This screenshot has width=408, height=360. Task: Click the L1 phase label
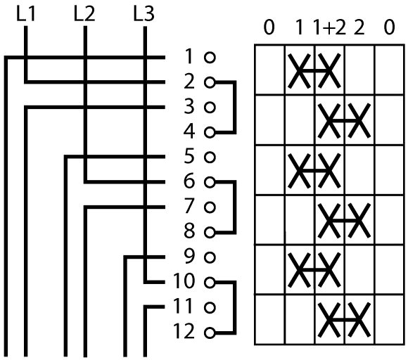point(26,14)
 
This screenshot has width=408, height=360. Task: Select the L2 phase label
point(84,14)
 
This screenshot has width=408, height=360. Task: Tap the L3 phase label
point(144,14)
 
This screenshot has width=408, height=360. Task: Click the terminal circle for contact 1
point(210,57)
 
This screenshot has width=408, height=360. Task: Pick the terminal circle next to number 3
point(210,107)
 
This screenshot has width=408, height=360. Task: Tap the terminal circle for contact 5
point(210,157)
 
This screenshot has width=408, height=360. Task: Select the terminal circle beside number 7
point(210,207)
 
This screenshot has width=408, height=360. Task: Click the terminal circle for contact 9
point(210,257)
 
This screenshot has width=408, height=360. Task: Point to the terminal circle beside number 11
point(210,307)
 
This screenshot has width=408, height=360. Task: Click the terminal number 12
point(184,331)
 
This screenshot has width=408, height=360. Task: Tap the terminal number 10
point(184,281)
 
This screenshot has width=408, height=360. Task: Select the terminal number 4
point(189,131)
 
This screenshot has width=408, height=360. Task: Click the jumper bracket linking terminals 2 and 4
point(235,107)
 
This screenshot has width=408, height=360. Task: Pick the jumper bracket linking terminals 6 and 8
point(235,207)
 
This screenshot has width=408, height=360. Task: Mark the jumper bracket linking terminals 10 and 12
point(235,307)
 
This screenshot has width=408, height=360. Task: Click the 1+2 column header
point(330,28)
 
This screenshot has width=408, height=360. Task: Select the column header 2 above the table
point(359,28)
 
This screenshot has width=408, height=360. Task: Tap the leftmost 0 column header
point(269,28)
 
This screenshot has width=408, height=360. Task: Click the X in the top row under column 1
point(299,71)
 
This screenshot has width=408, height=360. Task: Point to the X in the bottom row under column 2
point(359,320)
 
